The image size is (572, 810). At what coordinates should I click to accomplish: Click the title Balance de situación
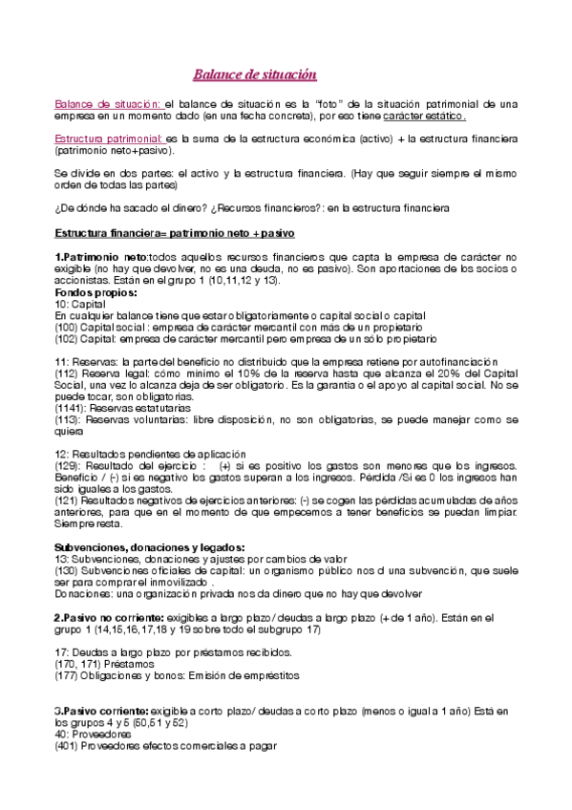click(255, 75)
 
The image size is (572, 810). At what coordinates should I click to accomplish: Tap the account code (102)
click(68, 338)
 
